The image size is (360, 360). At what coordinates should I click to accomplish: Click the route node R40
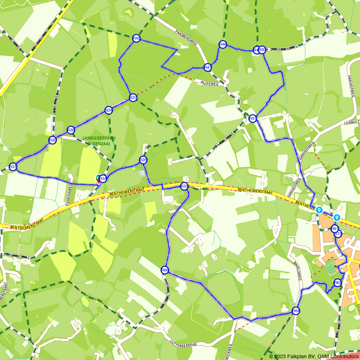tap(136, 39)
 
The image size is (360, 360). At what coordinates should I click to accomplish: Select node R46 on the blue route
tap(223, 45)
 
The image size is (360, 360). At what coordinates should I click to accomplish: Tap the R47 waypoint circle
tap(207, 67)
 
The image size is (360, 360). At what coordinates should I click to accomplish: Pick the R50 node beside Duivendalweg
tap(262, 50)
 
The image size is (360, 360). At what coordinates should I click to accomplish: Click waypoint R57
tap(252, 118)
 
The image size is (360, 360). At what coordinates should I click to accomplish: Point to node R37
tap(133, 98)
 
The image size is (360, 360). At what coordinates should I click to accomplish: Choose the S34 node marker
tap(109, 110)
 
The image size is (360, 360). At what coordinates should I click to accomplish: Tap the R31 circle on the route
tap(13, 167)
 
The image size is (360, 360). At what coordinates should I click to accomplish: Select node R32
tap(53, 140)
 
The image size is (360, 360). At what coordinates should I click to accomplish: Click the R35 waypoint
tap(143, 160)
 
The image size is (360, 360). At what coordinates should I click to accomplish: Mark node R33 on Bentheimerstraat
tap(184, 186)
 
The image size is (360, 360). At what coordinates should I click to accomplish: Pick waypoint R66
tap(165, 270)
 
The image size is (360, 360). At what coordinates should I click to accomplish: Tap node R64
tap(296, 311)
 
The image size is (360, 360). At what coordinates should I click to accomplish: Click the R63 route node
tap(337, 283)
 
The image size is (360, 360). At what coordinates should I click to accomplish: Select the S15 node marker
tap(338, 234)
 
